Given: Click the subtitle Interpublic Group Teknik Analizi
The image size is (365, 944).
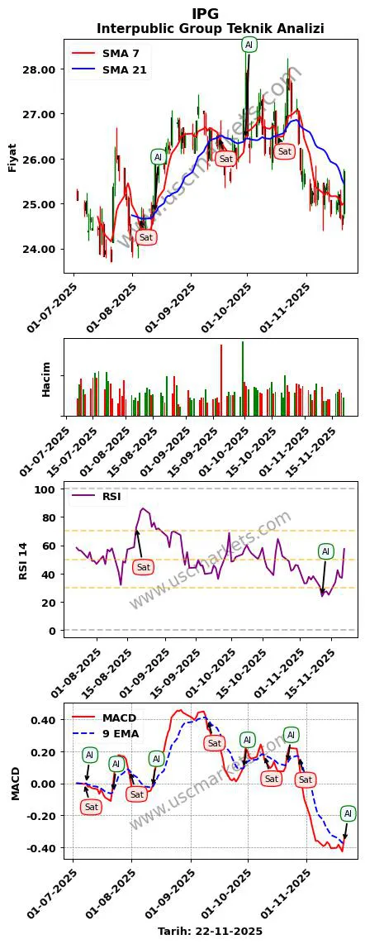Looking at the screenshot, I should [210, 29].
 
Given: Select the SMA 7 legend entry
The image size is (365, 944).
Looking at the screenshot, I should [120, 53].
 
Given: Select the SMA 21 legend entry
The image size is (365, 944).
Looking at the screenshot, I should [124, 70].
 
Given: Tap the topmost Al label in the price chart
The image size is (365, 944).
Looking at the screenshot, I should [249, 44].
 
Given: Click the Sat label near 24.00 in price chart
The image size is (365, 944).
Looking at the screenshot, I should [146, 237].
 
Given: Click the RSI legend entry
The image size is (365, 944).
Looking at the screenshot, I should [111, 497].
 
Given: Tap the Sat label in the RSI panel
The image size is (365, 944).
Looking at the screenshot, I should [143, 567].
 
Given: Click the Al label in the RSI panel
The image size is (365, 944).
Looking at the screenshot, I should [325, 551].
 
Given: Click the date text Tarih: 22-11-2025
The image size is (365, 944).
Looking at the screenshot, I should [210, 931].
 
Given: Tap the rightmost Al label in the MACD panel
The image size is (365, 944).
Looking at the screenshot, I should [348, 813].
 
